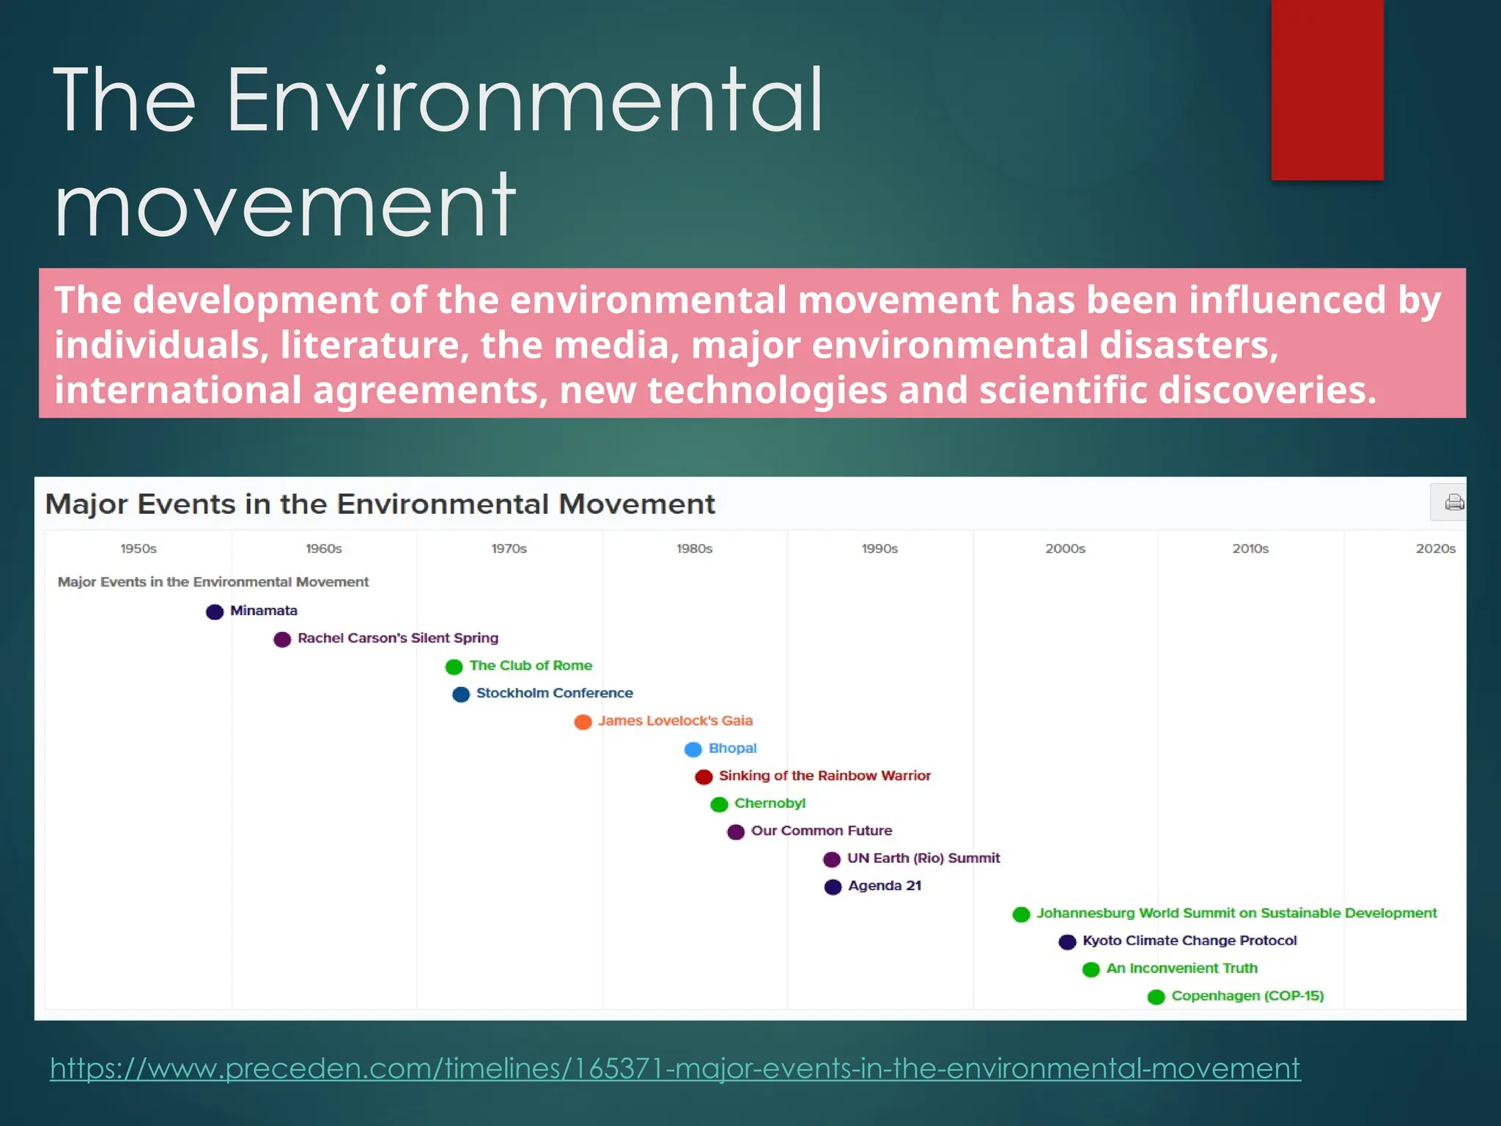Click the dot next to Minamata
215,611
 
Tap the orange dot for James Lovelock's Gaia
583,722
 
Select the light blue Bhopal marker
693,749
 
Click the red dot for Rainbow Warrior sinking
704,777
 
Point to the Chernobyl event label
770,803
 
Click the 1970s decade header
509,548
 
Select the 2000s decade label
1065,548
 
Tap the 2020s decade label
1435,548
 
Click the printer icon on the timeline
1454,502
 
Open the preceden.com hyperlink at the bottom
674,1068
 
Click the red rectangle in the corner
1327,89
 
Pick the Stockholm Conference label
554,693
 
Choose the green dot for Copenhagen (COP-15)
1156,997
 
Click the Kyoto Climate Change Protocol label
1190,941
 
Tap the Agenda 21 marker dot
833,887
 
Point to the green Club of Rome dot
454,666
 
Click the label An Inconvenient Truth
1181,968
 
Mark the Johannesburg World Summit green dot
1021,914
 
